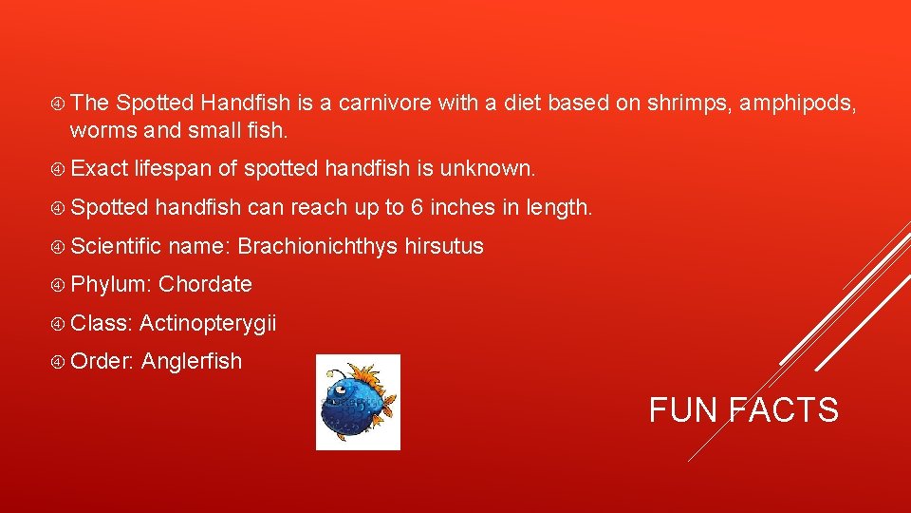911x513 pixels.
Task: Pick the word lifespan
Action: pyautogui.click(x=174, y=169)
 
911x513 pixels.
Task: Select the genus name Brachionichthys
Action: pyautogui.click(x=317, y=246)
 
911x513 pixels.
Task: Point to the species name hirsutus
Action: pyautogui.click(x=444, y=246)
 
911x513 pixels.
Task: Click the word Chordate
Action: pyautogui.click(x=205, y=284)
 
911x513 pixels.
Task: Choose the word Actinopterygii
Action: pyautogui.click(x=208, y=323)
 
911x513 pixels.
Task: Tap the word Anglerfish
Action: pyautogui.click(x=192, y=361)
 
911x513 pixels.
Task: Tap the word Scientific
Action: pyautogui.click(x=118, y=246)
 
